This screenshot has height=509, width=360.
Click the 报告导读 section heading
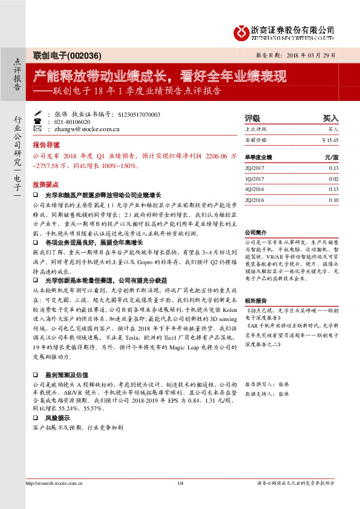point(46,146)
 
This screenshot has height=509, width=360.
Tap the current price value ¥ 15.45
point(330,140)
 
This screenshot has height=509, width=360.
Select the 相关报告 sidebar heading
point(255,300)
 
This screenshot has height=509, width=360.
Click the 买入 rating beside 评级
point(331,118)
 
